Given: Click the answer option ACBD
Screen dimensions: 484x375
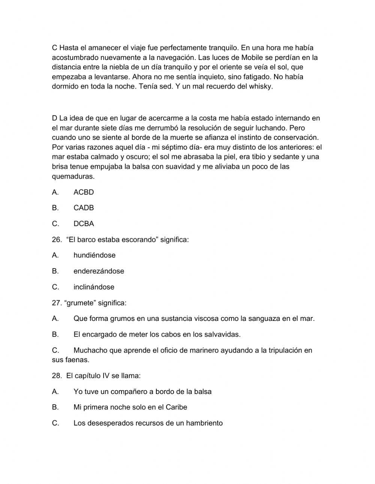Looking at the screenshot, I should [84, 192].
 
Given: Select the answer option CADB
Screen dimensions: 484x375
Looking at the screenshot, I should [84, 208].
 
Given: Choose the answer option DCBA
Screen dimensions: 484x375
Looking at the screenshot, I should [84, 224].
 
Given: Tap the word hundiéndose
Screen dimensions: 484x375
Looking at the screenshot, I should [94, 255].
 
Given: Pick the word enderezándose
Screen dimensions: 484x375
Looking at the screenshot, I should [99, 271].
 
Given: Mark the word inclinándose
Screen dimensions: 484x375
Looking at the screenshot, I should [94, 287].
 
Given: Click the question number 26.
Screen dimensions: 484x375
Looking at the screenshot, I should [56, 240].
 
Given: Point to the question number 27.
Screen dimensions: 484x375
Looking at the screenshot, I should [56, 303].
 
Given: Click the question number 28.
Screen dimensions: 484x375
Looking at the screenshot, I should [56, 376].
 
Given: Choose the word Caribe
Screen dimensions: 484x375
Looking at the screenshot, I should [176, 407].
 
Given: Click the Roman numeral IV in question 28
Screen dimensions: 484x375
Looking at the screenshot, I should [106, 376].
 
